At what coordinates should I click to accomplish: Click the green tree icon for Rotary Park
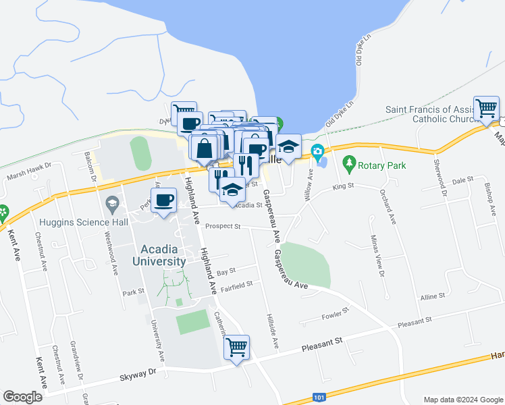(348, 162)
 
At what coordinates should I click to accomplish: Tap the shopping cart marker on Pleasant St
(237, 348)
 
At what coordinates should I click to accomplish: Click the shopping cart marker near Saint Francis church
(486, 108)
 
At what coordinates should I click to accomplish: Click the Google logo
(22, 396)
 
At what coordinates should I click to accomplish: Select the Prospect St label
(223, 226)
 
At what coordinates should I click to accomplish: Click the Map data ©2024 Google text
(462, 399)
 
